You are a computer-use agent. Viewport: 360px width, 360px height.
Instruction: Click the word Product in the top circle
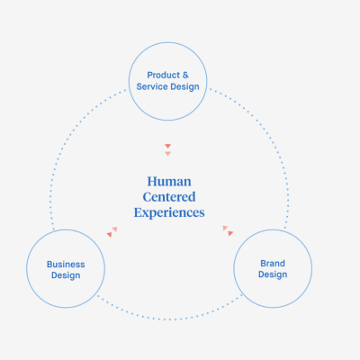[164, 75]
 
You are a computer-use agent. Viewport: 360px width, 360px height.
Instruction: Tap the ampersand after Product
[185, 75]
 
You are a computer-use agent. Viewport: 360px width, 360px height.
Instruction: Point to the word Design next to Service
[184, 87]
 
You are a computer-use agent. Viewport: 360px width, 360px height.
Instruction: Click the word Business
[66, 265]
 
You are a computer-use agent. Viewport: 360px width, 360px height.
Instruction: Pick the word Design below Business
[66, 275]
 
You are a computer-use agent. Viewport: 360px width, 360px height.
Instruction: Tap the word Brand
[273, 264]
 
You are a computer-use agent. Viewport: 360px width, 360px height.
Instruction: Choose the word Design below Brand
[273, 274]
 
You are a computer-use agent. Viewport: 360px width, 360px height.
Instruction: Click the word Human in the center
[169, 182]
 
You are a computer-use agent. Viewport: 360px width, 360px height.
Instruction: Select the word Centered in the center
[169, 197]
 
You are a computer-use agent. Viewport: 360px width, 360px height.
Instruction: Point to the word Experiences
[169, 212]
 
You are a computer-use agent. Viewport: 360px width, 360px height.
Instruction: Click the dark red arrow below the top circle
[167, 146]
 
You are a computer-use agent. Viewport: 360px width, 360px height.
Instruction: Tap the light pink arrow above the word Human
[167, 154]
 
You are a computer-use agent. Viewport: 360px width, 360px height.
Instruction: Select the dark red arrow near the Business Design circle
[110, 235]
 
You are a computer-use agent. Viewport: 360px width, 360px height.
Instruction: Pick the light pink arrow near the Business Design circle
[114, 229]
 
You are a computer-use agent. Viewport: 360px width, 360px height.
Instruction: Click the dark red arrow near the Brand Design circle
[230, 233]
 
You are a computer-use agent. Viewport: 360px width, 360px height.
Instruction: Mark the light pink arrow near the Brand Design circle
[225, 229]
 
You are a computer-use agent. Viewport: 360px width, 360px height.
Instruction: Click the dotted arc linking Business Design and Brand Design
[169, 319]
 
